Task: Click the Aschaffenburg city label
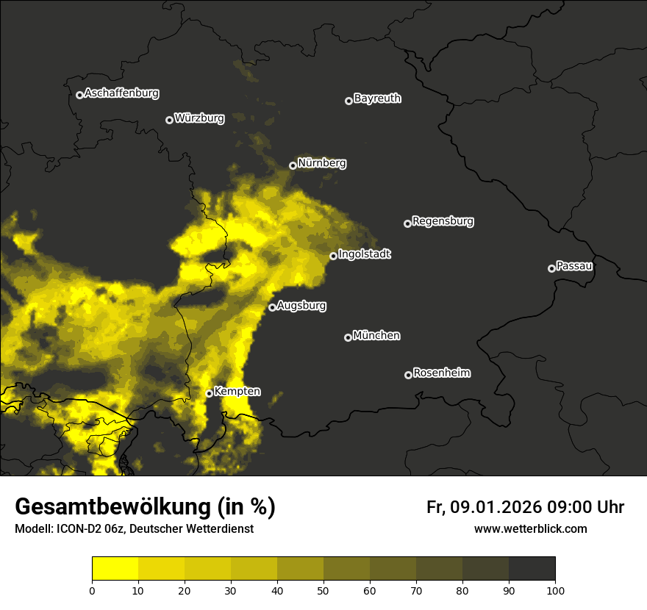tap(121, 93)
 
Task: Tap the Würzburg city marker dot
tap(169, 120)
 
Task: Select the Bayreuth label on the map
tap(377, 98)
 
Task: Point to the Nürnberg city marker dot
tap(293, 165)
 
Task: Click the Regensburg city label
tap(443, 220)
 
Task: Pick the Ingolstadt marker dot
tap(333, 256)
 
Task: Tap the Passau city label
tap(574, 265)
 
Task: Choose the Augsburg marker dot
tap(272, 307)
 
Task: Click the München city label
tap(376, 335)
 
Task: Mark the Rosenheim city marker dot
tap(408, 375)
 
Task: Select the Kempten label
tap(237, 392)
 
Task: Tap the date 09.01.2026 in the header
tap(496, 507)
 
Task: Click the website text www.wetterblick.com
tap(530, 528)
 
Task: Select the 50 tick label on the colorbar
tap(323, 589)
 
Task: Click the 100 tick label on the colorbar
tap(555, 589)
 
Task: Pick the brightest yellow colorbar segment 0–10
tap(115, 568)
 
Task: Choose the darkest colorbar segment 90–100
tap(532, 568)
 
